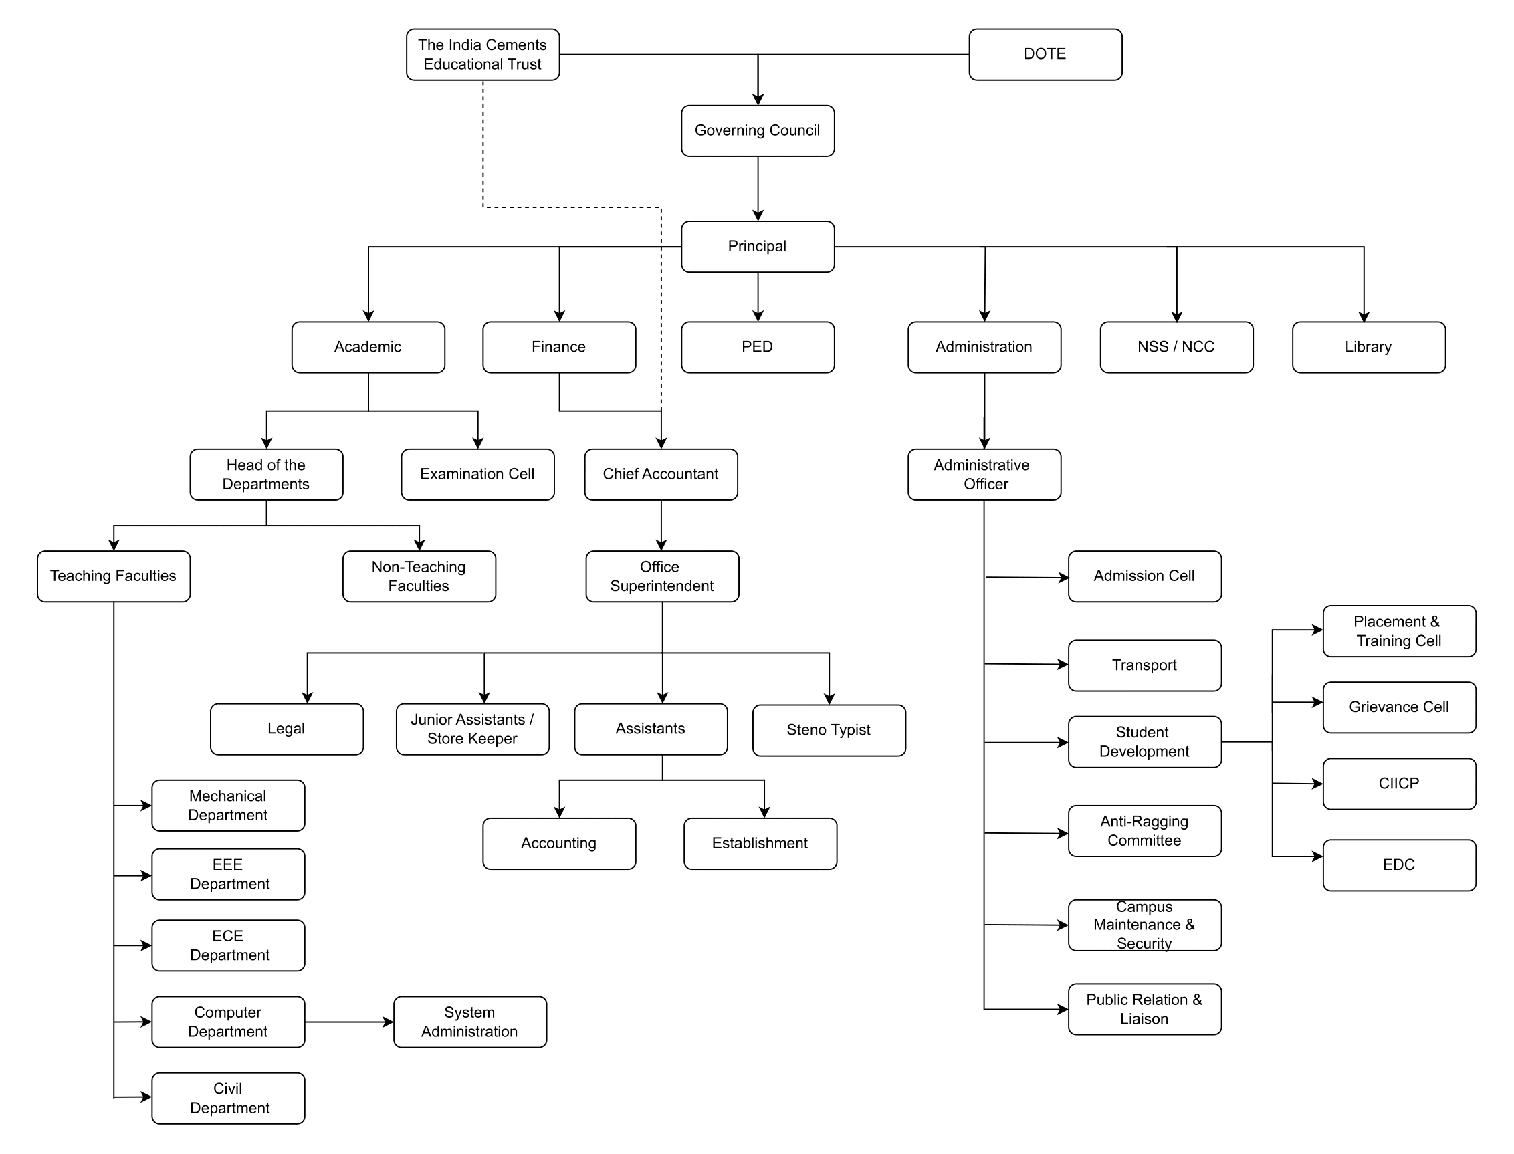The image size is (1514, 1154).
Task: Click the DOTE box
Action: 1045,54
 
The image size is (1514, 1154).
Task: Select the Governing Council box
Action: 757,130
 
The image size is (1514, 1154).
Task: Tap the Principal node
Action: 757,246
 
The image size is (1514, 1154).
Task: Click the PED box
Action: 757,347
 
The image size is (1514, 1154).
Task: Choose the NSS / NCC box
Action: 1176,347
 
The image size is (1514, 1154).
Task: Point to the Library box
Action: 1368,347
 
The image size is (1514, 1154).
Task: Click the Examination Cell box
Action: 477,474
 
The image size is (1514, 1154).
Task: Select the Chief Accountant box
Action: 661,474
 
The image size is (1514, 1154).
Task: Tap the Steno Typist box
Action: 829,730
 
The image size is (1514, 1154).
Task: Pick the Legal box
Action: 286,729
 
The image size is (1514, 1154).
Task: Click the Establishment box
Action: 760,844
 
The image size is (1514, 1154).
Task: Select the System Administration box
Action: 470,1022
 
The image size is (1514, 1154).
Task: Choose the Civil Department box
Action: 228,1098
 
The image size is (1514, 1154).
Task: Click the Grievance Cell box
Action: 1398,707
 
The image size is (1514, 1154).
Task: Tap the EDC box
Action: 1398,864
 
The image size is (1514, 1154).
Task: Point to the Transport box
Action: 1144,665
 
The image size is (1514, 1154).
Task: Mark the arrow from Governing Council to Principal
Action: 758,189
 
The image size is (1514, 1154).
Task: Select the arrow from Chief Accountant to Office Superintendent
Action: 661,526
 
